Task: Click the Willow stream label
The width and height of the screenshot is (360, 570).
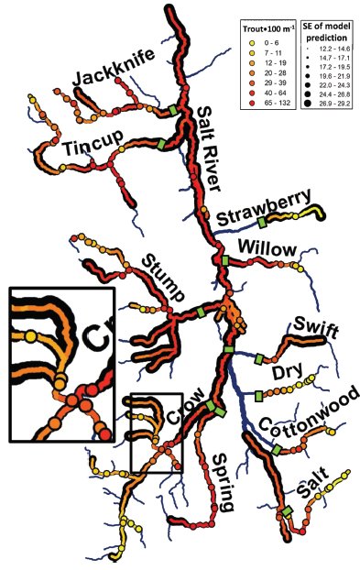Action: pyautogui.click(x=266, y=249)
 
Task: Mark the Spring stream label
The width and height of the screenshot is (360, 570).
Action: pyautogui.click(x=224, y=484)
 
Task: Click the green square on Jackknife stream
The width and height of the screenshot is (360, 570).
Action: pyautogui.click(x=173, y=111)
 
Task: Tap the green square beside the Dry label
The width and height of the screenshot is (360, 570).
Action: pyautogui.click(x=258, y=395)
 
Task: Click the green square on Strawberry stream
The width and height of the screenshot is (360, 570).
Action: pyautogui.click(x=262, y=223)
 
